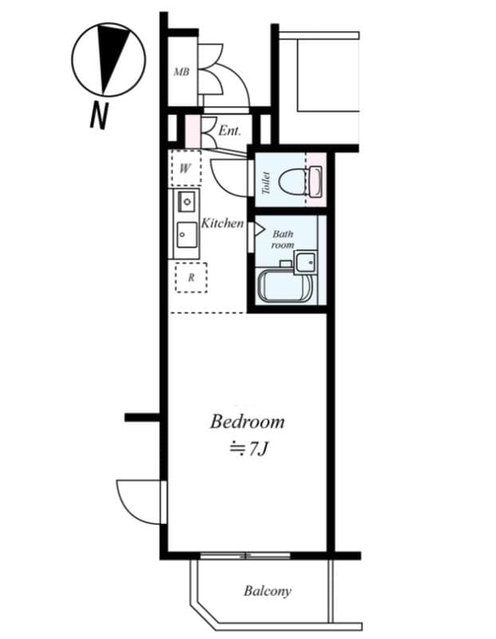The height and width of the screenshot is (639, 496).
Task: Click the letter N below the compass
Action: [98, 117]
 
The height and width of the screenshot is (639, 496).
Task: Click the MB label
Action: [181, 72]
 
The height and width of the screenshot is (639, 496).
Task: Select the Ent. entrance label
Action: [230, 129]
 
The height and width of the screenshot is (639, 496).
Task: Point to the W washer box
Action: [185, 168]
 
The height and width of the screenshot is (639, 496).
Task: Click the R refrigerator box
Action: [191, 278]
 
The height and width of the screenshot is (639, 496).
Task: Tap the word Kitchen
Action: [222, 224]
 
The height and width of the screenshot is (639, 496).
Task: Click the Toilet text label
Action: [266, 183]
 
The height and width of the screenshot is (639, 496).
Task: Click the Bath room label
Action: [283, 239]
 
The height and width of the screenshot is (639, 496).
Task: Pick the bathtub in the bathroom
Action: [284, 287]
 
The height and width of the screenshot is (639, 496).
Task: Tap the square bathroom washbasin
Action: [305, 261]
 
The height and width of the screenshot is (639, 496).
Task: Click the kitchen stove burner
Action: [187, 200]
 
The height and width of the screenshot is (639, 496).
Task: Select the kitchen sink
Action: [187, 235]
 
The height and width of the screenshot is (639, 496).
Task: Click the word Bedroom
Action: [247, 421]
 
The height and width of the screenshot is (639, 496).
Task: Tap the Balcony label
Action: [267, 592]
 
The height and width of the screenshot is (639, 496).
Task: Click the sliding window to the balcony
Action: [245, 555]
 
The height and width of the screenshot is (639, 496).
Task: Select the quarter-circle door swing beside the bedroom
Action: [140, 501]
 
